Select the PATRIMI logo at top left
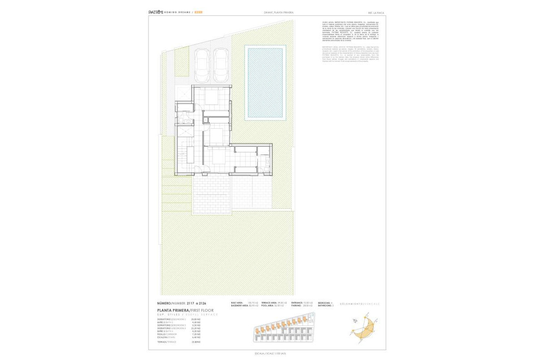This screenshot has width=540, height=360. pyautogui.click(x=156, y=12)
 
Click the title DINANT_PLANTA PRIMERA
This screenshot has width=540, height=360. pyautogui.click(x=279, y=13)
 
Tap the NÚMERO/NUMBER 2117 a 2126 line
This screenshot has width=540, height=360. pyautogui.click(x=181, y=303)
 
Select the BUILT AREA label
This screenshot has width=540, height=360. pyautogui.click(x=237, y=302)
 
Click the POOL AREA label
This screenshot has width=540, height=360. pyautogui.click(x=268, y=306)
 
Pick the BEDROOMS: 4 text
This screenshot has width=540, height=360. pyautogui.click(x=325, y=302)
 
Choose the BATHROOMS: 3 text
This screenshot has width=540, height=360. pyautogui.click(x=325, y=306)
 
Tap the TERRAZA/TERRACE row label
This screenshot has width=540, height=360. pyautogui.click(x=166, y=342)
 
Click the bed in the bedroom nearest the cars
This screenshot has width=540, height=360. pyautogui.click(x=211, y=97)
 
